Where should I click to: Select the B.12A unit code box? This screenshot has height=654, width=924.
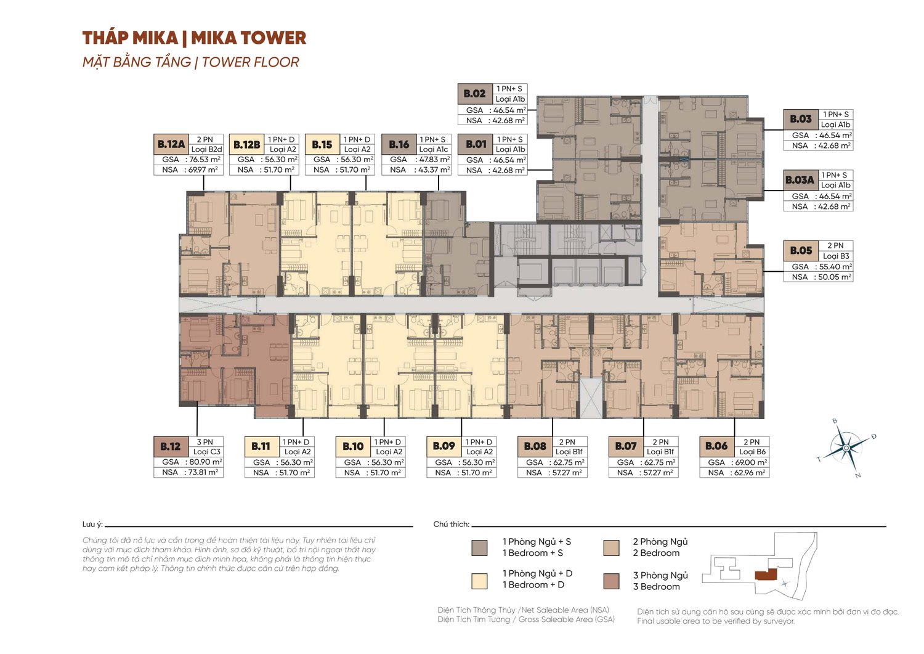point(171,144)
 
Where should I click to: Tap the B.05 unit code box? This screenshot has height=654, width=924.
point(801,251)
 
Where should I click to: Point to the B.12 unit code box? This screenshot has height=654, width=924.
point(171,447)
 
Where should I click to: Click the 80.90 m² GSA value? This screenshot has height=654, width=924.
point(205,462)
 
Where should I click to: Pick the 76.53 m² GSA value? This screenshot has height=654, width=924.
point(204,160)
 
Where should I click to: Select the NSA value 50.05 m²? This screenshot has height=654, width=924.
point(835,277)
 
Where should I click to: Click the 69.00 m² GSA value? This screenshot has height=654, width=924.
point(751,462)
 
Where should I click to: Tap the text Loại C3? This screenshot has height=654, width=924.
point(206,452)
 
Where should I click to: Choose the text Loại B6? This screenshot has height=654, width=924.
point(752,452)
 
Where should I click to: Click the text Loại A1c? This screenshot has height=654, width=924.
point(434,149)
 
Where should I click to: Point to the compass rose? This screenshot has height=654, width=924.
point(846,448)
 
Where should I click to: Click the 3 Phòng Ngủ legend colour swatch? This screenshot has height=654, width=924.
point(611,581)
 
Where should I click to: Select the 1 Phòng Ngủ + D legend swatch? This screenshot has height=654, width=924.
point(479,581)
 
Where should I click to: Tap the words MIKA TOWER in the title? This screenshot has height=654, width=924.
point(249,38)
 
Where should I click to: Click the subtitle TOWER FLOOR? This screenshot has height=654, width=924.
point(250,62)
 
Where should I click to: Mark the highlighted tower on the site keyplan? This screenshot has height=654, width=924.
point(766,574)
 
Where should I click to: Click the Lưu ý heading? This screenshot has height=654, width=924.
point(92,525)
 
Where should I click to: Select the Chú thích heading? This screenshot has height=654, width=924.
point(452,525)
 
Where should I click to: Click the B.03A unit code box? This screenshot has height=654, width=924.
point(800,180)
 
